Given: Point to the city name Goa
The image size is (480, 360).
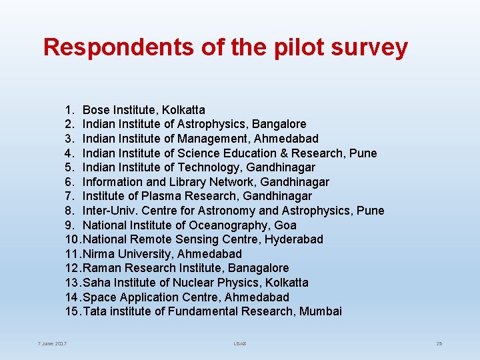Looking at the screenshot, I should tap(285, 225).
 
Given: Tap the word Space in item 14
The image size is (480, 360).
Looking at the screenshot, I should tap(97, 297).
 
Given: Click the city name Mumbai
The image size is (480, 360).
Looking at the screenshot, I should tap(321, 311).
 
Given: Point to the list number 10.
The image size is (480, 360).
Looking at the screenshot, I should tap(71, 239).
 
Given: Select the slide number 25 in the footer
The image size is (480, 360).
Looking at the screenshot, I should tap(439, 343).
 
